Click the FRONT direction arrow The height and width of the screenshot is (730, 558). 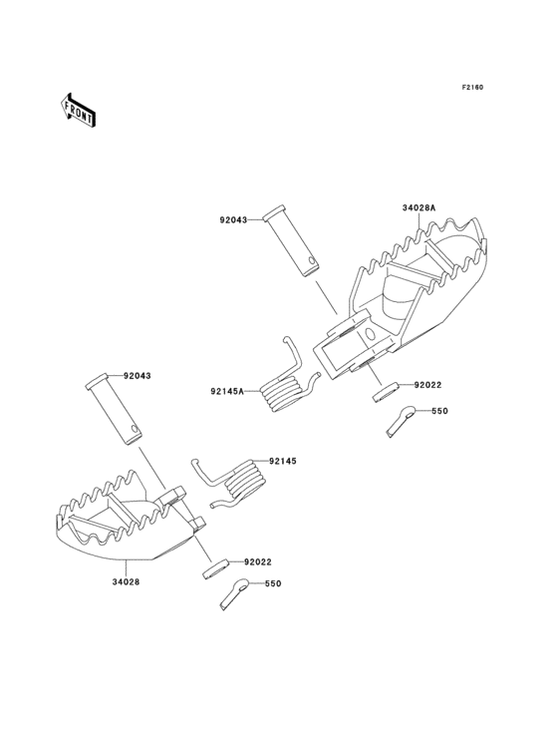click(x=79, y=110)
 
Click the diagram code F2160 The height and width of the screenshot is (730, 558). click(x=472, y=87)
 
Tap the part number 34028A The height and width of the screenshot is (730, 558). click(x=418, y=208)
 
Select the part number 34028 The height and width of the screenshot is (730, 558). click(x=126, y=581)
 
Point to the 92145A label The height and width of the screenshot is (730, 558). click(x=227, y=391)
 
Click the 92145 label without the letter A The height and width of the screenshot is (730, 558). click(x=282, y=461)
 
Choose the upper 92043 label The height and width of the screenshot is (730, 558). click(x=234, y=219)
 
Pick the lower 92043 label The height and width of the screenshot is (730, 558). click(x=138, y=376)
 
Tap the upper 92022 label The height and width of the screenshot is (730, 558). click(x=427, y=385)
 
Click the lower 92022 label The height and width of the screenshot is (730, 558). click(x=258, y=561)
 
